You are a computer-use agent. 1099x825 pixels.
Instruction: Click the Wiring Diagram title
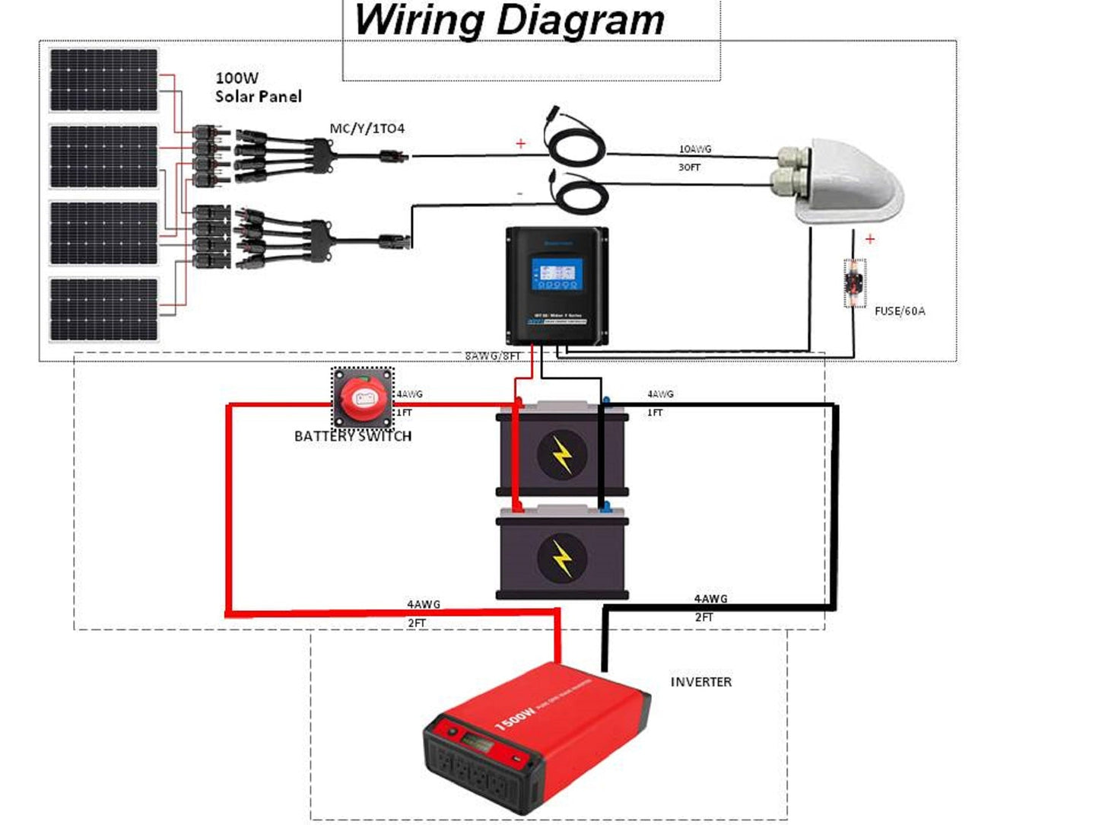click(x=509, y=21)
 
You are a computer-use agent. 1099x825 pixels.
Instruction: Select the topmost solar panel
click(x=103, y=80)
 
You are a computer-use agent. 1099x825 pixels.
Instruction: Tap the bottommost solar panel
click(x=103, y=310)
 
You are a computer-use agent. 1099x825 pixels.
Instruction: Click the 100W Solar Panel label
click(x=258, y=88)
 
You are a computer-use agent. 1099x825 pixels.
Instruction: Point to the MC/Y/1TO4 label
click(x=367, y=129)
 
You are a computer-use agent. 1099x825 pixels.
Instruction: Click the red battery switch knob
click(x=363, y=397)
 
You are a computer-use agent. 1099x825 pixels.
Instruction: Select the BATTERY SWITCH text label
click(x=353, y=436)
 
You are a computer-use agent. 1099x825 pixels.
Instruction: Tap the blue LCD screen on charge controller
click(x=557, y=273)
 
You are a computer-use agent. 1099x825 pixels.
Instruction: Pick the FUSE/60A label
click(x=899, y=311)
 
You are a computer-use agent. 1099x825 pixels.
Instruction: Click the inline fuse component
click(x=855, y=283)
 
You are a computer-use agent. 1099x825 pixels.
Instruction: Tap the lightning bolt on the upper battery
click(x=562, y=455)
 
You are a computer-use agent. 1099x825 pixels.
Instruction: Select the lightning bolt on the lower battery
click(x=562, y=558)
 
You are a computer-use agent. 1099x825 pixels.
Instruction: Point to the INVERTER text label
click(x=700, y=682)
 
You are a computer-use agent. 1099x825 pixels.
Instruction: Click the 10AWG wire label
click(x=694, y=149)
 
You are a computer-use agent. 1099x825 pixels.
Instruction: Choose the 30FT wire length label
click(x=689, y=167)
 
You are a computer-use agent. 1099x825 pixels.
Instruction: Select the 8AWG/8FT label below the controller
click(x=493, y=355)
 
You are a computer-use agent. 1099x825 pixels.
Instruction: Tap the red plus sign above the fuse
click(x=869, y=239)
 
